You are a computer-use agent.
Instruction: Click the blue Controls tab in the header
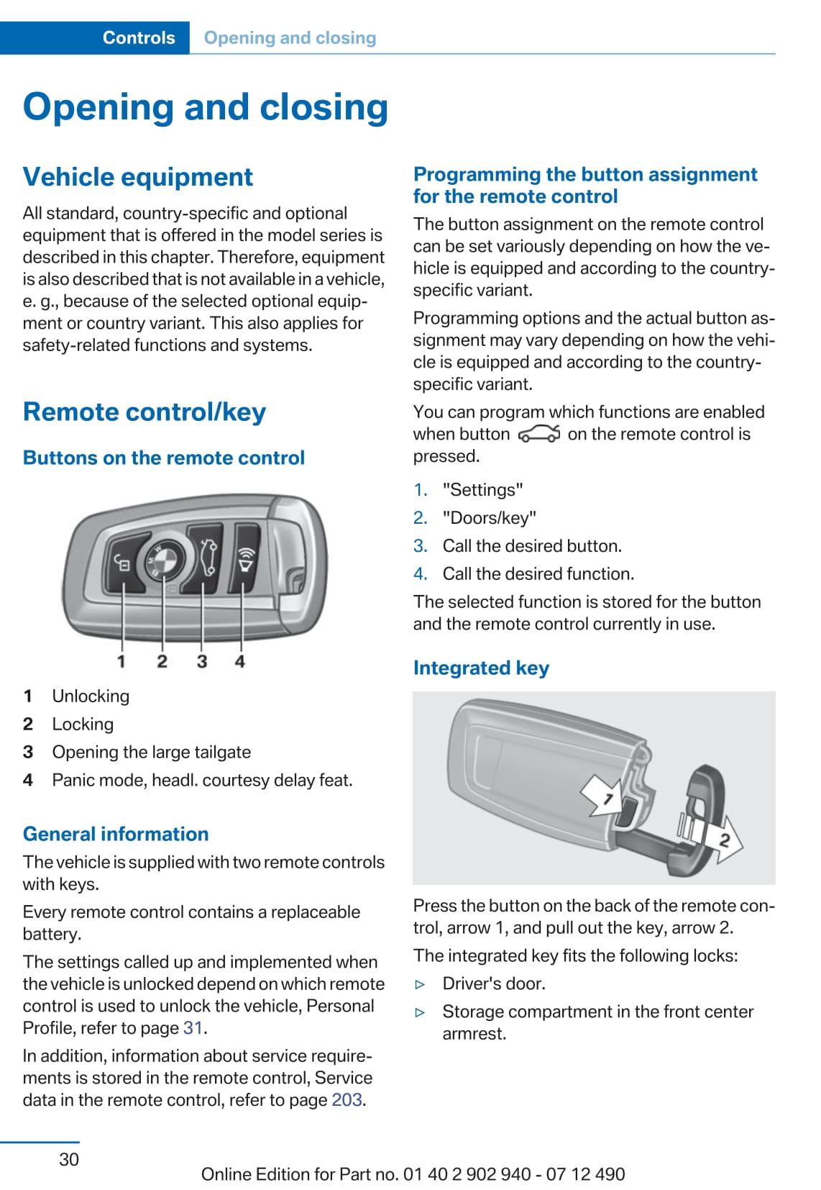pyautogui.click(x=138, y=37)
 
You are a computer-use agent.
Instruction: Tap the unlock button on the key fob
pyautogui.click(x=123, y=564)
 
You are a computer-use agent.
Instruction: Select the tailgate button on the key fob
pyautogui.click(x=207, y=557)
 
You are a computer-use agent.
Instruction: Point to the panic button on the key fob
pyautogui.click(x=246, y=558)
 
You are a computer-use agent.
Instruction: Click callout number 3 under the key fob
pyautogui.click(x=202, y=661)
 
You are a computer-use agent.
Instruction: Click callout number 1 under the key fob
pyautogui.click(x=121, y=661)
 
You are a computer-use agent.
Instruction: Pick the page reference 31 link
pyautogui.click(x=193, y=1027)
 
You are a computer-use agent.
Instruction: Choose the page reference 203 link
pyautogui.click(x=347, y=1099)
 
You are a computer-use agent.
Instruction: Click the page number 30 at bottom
pyautogui.click(x=69, y=1159)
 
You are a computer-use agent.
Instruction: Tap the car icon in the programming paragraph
pyautogui.click(x=538, y=434)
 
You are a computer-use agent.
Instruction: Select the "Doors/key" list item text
pyautogui.click(x=489, y=518)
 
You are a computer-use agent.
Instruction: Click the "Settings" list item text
pyautogui.click(x=482, y=490)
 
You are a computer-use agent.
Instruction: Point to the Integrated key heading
pyautogui.click(x=481, y=668)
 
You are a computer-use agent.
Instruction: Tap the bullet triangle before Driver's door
pyautogui.click(x=421, y=984)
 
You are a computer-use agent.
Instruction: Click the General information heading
pyautogui.click(x=116, y=834)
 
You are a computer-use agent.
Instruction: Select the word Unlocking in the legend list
pyautogui.click(x=91, y=696)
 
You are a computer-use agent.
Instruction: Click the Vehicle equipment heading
pyautogui.click(x=138, y=177)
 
